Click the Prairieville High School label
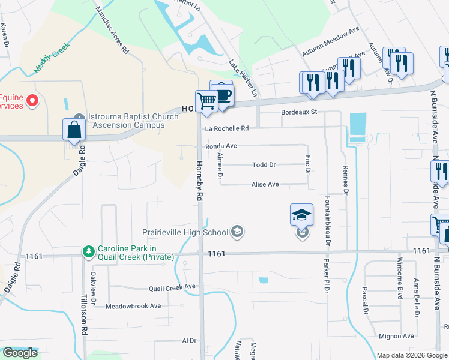185,232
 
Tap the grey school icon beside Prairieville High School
237,232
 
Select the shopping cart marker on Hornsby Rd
206,101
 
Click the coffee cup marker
223,96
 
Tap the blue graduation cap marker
301,215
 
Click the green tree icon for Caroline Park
88,252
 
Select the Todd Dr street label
264,165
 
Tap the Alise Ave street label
265,185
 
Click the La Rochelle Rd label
226,128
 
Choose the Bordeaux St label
298,112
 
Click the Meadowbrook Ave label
133,306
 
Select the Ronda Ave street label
221,146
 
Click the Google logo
20,353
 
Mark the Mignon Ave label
396,336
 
